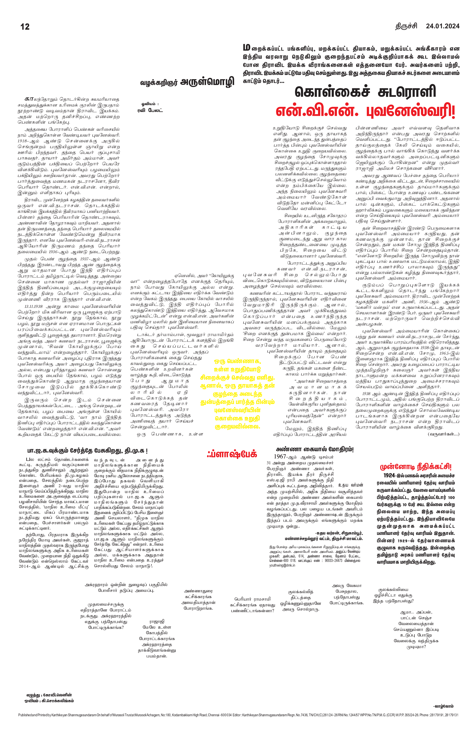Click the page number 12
pos(25,27)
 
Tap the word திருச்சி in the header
pos(406,27)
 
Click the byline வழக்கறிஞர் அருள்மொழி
pos(187,82)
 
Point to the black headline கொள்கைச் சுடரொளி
pos(365,92)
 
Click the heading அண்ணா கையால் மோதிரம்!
pos(315,449)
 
